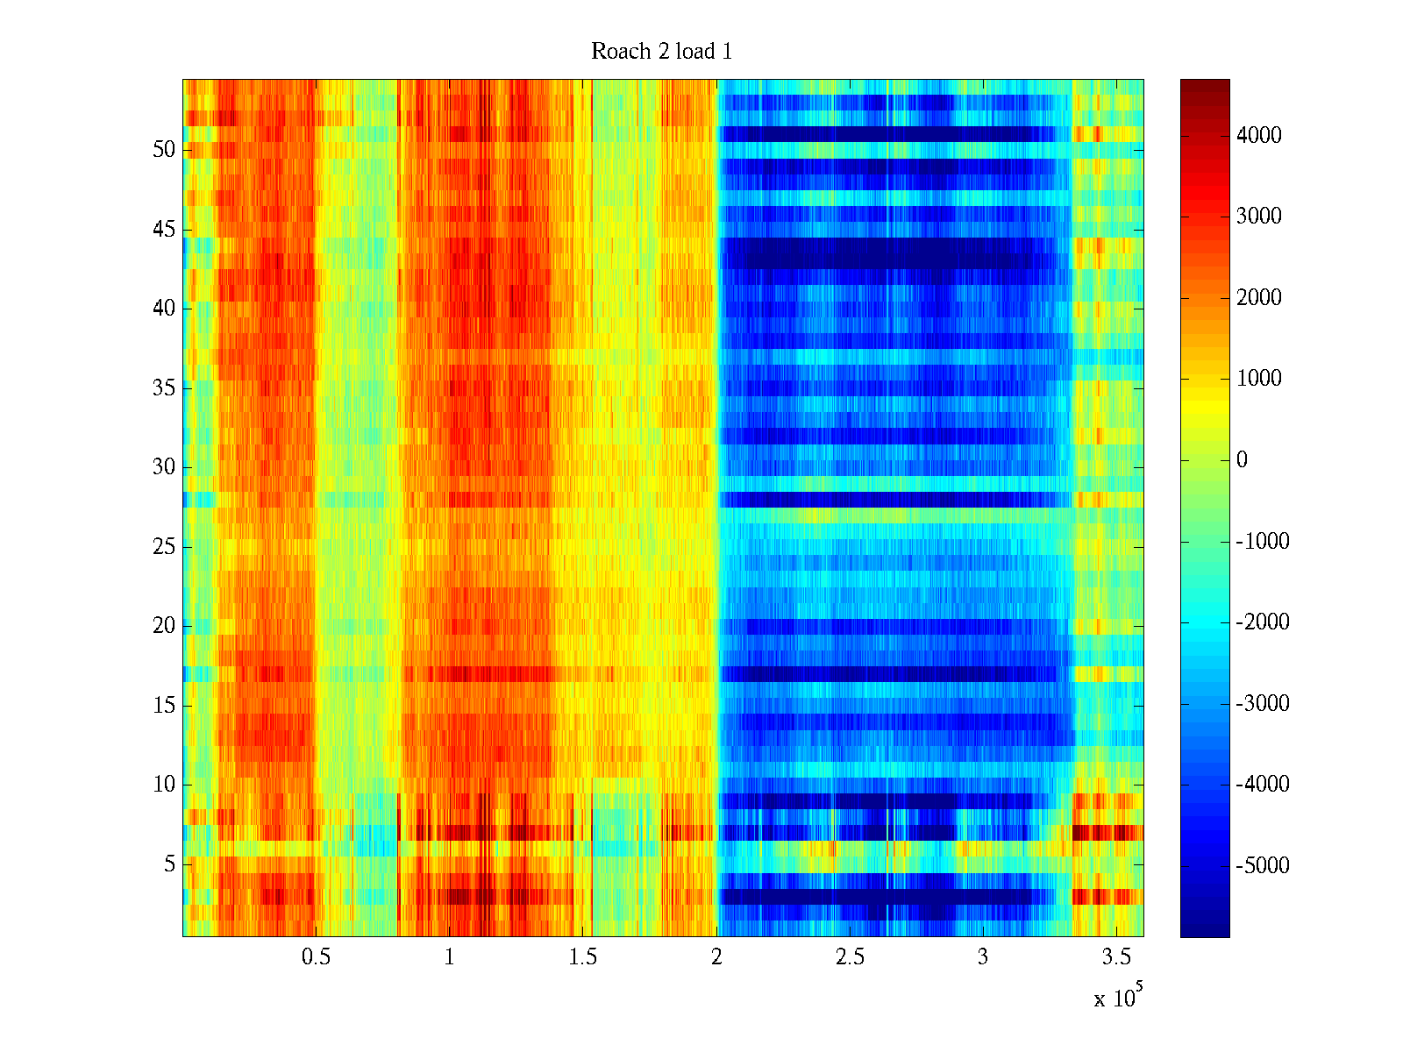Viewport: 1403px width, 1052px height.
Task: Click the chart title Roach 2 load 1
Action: [661, 52]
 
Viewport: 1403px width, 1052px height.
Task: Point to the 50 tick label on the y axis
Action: [164, 150]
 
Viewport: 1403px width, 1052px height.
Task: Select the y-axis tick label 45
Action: [164, 230]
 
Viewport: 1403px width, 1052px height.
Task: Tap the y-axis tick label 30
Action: [164, 467]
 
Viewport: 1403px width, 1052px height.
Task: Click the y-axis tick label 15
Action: [164, 706]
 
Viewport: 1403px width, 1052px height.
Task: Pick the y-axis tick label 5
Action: [169, 864]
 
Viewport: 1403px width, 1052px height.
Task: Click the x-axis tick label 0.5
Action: [316, 957]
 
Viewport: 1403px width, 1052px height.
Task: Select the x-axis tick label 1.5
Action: [583, 957]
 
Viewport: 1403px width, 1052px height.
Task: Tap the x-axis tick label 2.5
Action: [850, 957]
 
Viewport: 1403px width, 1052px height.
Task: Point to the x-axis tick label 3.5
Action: [1116, 957]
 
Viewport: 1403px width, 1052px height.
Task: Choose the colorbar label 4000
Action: [1259, 135]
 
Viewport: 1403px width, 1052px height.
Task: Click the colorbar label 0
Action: [1242, 460]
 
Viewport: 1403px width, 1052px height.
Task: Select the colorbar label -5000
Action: [1263, 866]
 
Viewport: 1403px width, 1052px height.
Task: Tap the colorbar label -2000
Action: [1263, 622]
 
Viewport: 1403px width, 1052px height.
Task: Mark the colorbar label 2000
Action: [1259, 298]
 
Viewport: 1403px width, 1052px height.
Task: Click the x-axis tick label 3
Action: [983, 957]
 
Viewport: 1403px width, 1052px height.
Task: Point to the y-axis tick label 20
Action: [164, 626]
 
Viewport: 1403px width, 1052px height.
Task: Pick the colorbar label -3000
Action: [1263, 704]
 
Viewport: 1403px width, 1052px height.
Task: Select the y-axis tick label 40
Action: [164, 309]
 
